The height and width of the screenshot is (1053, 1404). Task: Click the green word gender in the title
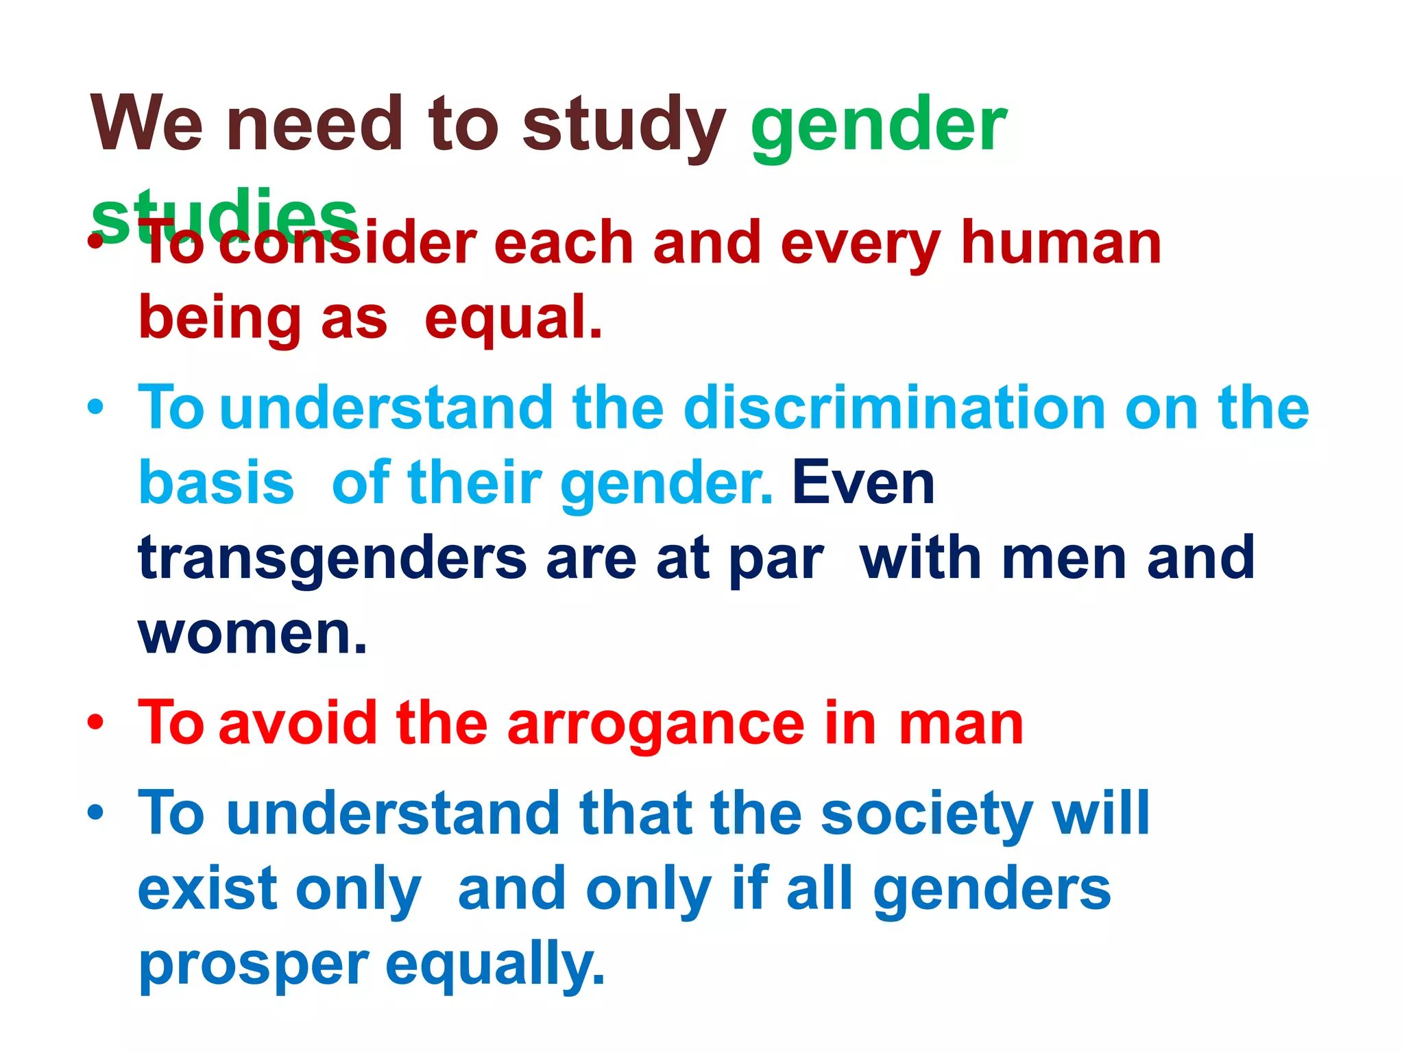pyautogui.click(x=878, y=127)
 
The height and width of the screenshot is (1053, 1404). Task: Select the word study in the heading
pyautogui.click(x=624, y=127)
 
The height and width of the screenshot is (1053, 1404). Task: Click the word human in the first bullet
pyautogui.click(x=1061, y=243)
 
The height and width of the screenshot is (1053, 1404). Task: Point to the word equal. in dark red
pyautogui.click(x=513, y=319)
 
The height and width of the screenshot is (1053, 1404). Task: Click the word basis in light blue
pyautogui.click(x=217, y=483)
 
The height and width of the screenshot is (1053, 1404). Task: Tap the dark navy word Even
pyautogui.click(x=863, y=483)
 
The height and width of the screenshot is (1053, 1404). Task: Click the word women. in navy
pyautogui.click(x=253, y=633)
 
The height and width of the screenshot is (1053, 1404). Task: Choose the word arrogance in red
pyautogui.click(x=656, y=724)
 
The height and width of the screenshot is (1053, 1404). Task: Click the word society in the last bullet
pyautogui.click(x=927, y=815)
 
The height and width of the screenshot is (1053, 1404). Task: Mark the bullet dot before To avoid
pyautogui.click(x=96, y=723)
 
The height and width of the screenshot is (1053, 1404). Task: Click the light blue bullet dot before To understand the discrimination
pyautogui.click(x=96, y=407)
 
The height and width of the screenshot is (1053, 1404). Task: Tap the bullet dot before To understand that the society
pyautogui.click(x=96, y=813)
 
